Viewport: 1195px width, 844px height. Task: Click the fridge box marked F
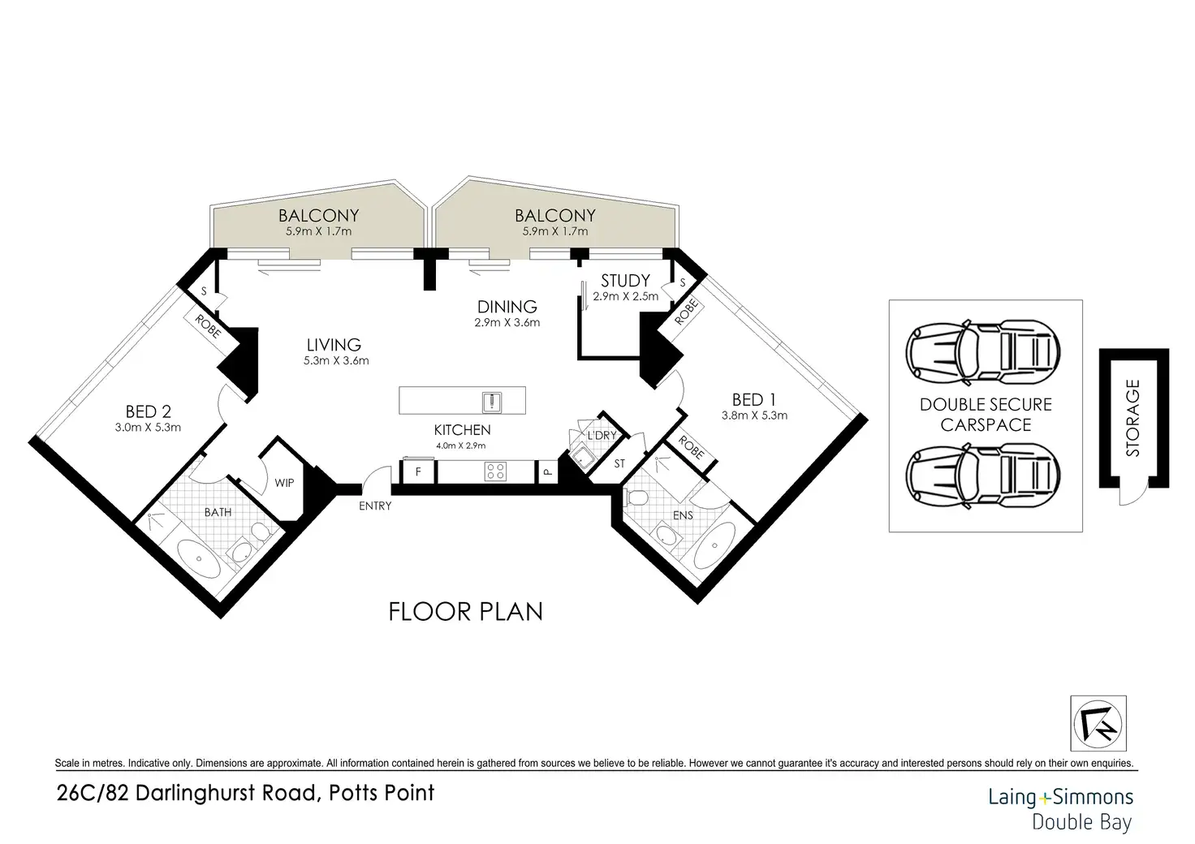[418, 472]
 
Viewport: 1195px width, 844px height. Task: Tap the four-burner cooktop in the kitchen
[495, 472]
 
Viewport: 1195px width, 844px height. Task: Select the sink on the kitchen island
[492, 402]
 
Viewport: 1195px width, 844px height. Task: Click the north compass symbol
[1098, 724]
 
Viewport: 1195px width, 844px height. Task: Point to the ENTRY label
[375, 506]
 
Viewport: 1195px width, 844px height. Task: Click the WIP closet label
[284, 483]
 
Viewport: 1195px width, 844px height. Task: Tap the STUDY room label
[625, 281]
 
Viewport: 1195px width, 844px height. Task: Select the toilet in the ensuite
[636, 498]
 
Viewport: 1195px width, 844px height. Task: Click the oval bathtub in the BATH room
[198, 559]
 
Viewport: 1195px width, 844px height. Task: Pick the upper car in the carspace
[982, 352]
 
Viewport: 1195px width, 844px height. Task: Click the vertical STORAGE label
[1132, 418]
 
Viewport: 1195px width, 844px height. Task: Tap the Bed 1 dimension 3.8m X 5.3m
[754, 416]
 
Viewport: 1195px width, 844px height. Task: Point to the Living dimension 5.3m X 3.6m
[336, 360]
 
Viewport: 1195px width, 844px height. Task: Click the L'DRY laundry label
[602, 436]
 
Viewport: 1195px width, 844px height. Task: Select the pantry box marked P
[547, 472]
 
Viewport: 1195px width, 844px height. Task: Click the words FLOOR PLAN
[466, 612]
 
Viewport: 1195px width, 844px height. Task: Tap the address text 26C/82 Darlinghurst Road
[188, 793]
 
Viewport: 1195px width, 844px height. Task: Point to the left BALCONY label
[318, 215]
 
